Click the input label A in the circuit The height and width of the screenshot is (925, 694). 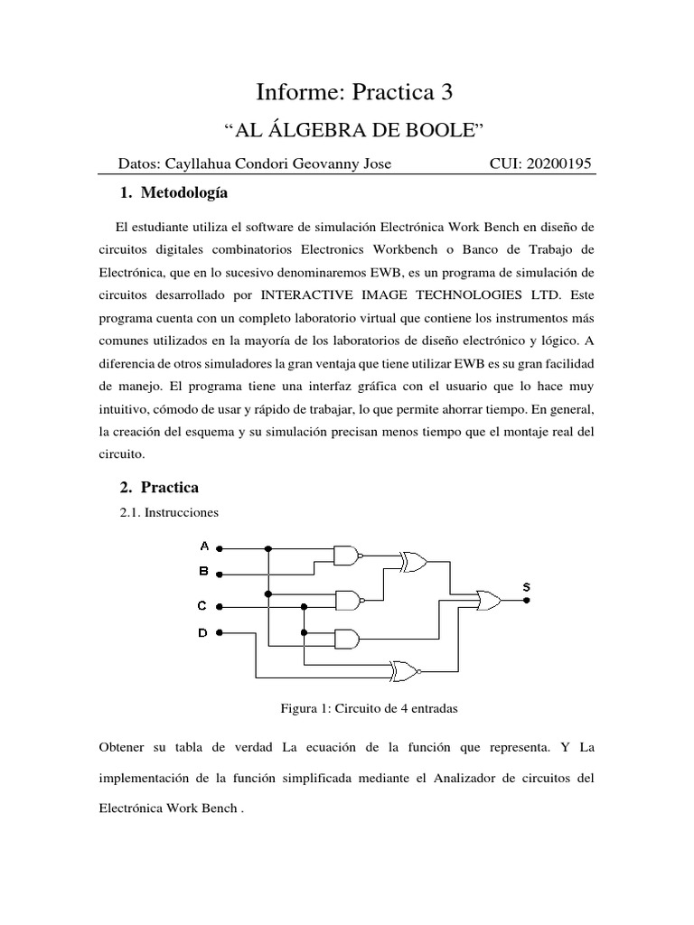tap(204, 547)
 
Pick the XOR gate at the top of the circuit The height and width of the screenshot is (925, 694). tap(414, 562)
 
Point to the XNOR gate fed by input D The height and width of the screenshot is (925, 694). tap(402, 671)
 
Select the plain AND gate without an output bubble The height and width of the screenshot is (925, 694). tap(346, 639)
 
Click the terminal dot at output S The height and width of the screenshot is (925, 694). tap(527, 599)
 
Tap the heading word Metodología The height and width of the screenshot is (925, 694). tap(186, 193)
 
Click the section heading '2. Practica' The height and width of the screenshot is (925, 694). tap(159, 487)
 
